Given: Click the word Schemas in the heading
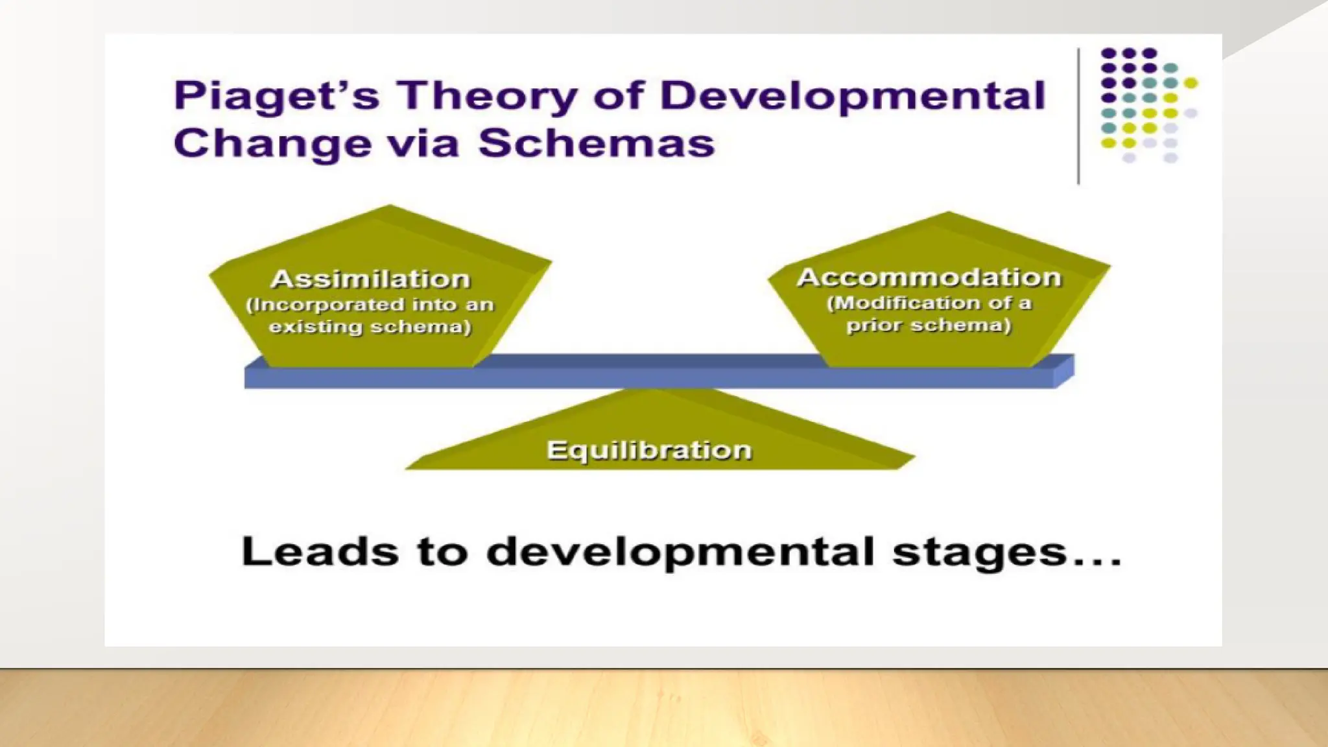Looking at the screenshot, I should tap(597, 143).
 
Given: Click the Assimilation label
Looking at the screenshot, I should tap(370, 279).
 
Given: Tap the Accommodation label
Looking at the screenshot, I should tap(929, 278).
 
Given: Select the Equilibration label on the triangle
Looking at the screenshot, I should tap(649, 450).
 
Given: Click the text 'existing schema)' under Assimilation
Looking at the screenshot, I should tap(370, 326).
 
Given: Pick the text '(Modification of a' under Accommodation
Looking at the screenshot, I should tap(929, 303).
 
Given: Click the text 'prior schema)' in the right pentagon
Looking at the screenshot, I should tap(929, 325).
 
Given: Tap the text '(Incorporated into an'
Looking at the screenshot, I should tap(370, 305).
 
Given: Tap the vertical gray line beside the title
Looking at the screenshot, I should tap(1078, 117).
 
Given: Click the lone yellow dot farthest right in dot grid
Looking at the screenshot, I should tap(1191, 83).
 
